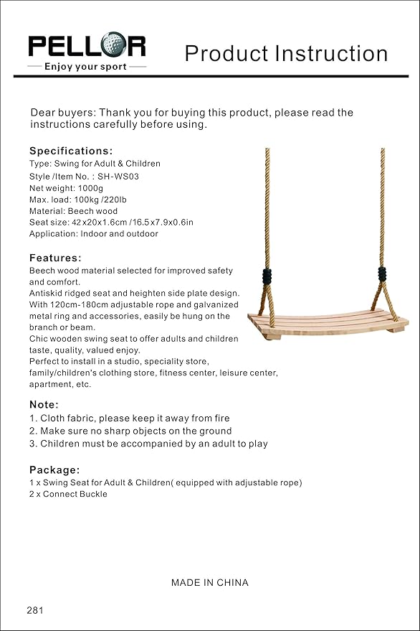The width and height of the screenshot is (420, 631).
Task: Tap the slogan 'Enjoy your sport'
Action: coord(85,67)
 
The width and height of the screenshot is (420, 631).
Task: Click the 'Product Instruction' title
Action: coord(286,53)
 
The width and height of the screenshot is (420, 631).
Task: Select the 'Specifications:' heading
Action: coord(71,151)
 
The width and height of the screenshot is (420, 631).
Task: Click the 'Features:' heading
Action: coord(55,258)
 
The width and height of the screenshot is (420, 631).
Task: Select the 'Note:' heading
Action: coord(44,404)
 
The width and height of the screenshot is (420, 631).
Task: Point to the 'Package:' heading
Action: coord(54,469)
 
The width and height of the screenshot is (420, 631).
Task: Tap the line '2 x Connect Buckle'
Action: coord(69,494)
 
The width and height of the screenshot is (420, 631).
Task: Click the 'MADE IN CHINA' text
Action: coord(210,582)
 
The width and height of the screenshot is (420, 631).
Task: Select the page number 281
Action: coord(35,610)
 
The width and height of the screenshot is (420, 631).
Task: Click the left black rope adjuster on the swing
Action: coord(268,276)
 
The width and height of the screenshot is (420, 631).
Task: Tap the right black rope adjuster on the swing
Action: coord(382,275)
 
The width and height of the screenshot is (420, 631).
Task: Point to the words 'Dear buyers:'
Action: coord(62,113)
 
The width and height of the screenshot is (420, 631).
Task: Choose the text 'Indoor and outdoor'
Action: coord(120,234)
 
